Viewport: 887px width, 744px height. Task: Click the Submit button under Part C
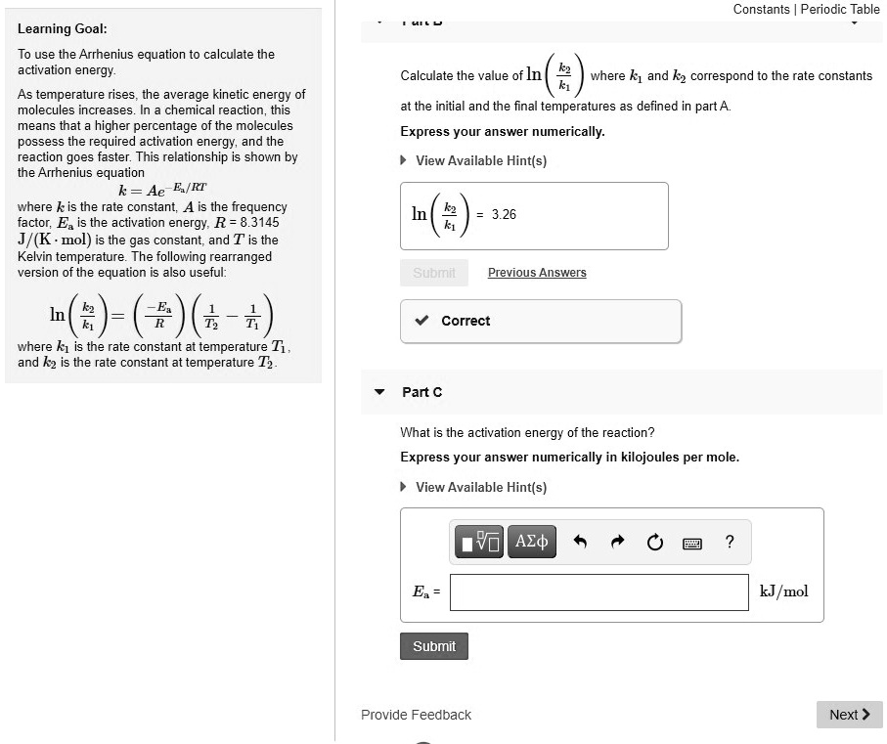(x=434, y=646)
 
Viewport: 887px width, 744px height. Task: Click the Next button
(x=849, y=715)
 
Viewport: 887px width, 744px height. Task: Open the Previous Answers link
(x=537, y=273)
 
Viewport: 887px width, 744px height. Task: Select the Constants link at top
(x=761, y=9)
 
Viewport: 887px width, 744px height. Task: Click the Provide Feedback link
(x=416, y=715)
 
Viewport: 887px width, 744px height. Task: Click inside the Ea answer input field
(x=599, y=591)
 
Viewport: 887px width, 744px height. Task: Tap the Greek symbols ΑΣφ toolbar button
(x=531, y=542)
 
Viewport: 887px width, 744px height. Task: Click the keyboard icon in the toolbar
(x=692, y=543)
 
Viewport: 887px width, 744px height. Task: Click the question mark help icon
(x=730, y=542)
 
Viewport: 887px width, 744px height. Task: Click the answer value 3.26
(x=504, y=214)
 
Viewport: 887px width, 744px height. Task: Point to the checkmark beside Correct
(x=421, y=321)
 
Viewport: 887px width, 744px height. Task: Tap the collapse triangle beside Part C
(x=380, y=392)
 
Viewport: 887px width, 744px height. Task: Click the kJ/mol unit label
(x=783, y=591)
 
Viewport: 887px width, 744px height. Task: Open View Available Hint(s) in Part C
(x=480, y=487)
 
